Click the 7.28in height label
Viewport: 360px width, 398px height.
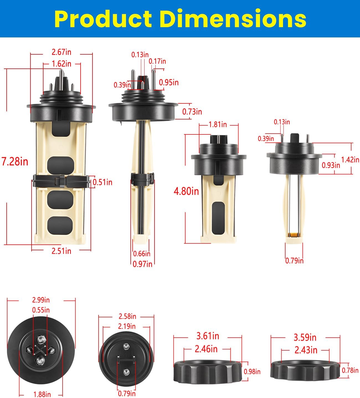15,161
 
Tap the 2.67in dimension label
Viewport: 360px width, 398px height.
61,52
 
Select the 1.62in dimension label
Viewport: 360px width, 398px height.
61,64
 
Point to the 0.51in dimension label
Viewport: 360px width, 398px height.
102,182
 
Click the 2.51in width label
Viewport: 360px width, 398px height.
61,251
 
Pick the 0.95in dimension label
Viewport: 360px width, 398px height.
169,82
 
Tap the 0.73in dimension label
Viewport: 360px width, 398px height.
192,112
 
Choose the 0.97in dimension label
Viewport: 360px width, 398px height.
143,264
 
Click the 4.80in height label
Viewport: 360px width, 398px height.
186,191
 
